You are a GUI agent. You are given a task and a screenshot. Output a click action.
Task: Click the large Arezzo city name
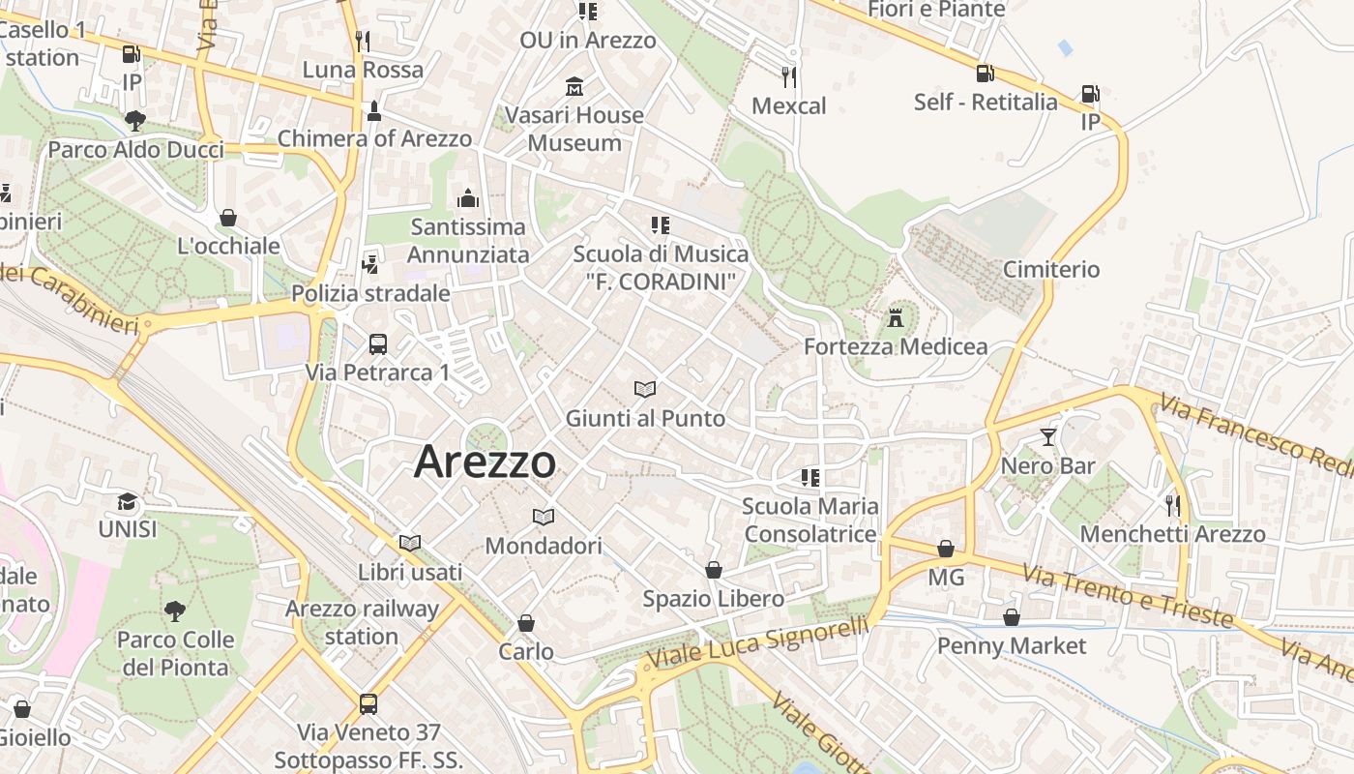pyautogui.click(x=485, y=462)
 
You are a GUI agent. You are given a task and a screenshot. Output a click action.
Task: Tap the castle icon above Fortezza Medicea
pyautogui.click(x=896, y=316)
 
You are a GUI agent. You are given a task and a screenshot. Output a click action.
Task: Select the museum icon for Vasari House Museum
pyautogui.click(x=575, y=87)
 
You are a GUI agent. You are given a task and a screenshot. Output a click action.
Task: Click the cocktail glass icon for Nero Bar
pyautogui.click(x=1048, y=436)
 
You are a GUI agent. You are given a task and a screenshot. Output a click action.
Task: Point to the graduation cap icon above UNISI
pyautogui.click(x=127, y=501)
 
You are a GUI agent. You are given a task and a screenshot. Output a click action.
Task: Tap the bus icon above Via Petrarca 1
pyautogui.click(x=378, y=343)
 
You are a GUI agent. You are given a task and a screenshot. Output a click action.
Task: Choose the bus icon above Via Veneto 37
pyautogui.click(x=368, y=703)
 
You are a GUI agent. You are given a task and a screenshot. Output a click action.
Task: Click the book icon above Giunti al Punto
pyautogui.click(x=645, y=389)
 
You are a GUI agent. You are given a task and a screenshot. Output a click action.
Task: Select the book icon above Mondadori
pyautogui.click(x=544, y=517)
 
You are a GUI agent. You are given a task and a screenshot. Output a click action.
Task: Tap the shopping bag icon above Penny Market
pyautogui.click(x=1012, y=616)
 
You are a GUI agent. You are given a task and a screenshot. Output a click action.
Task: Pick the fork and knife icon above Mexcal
pyautogui.click(x=789, y=76)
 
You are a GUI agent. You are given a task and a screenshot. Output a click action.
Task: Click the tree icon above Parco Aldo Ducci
pyautogui.click(x=135, y=121)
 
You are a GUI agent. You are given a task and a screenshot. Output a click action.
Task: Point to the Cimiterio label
pyautogui.click(x=1051, y=269)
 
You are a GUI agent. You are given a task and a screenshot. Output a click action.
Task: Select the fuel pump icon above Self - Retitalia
pyautogui.click(x=985, y=73)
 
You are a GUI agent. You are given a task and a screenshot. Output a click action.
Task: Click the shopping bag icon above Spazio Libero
pyautogui.click(x=714, y=570)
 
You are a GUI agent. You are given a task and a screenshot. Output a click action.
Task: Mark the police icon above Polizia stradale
pyautogui.click(x=369, y=263)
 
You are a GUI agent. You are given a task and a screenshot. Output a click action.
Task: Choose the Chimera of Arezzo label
pyautogui.click(x=374, y=138)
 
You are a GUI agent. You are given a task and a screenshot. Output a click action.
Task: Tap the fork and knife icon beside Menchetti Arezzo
pyautogui.click(x=1173, y=504)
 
